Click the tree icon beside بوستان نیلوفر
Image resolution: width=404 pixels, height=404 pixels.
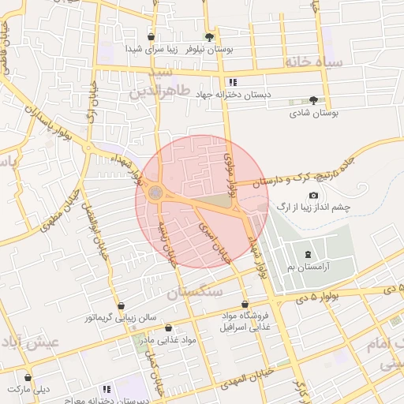208,37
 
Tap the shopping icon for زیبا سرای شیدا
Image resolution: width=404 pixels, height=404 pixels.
151,37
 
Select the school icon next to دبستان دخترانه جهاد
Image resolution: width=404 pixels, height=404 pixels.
232,82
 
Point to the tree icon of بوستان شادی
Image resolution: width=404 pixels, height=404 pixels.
314,100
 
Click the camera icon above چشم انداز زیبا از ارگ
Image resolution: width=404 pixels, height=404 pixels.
313,195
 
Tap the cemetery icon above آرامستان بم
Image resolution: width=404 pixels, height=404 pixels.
308,254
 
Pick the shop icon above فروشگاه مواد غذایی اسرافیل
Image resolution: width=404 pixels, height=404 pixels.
245,305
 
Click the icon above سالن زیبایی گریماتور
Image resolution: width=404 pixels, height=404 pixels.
120,306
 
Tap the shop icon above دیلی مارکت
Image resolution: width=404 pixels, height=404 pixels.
28,378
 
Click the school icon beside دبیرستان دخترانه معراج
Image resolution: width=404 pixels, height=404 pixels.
107,390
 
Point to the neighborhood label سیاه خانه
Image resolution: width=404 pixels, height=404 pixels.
315,61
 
